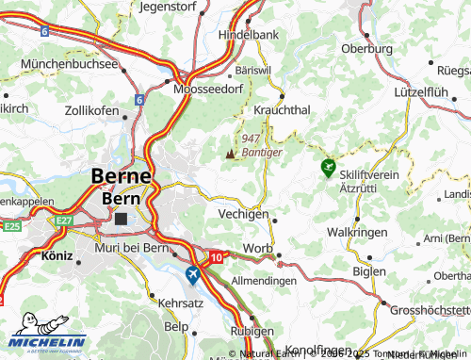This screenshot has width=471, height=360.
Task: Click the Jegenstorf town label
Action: click(x=171, y=6)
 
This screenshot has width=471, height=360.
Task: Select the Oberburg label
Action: click(x=366, y=48)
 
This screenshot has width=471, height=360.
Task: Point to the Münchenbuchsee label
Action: click(x=74, y=64)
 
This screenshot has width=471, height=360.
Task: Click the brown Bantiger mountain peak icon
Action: click(x=230, y=151)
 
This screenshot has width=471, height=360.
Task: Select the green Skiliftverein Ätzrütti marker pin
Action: click(x=328, y=168)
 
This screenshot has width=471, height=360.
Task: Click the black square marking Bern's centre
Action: click(x=121, y=218)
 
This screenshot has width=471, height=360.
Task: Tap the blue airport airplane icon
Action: click(x=193, y=274)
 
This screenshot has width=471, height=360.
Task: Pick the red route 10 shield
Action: click(x=218, y=256)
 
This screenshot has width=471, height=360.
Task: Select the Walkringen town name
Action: click(x=355, y=232)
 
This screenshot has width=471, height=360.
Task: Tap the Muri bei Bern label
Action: click(x=133, y=247)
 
